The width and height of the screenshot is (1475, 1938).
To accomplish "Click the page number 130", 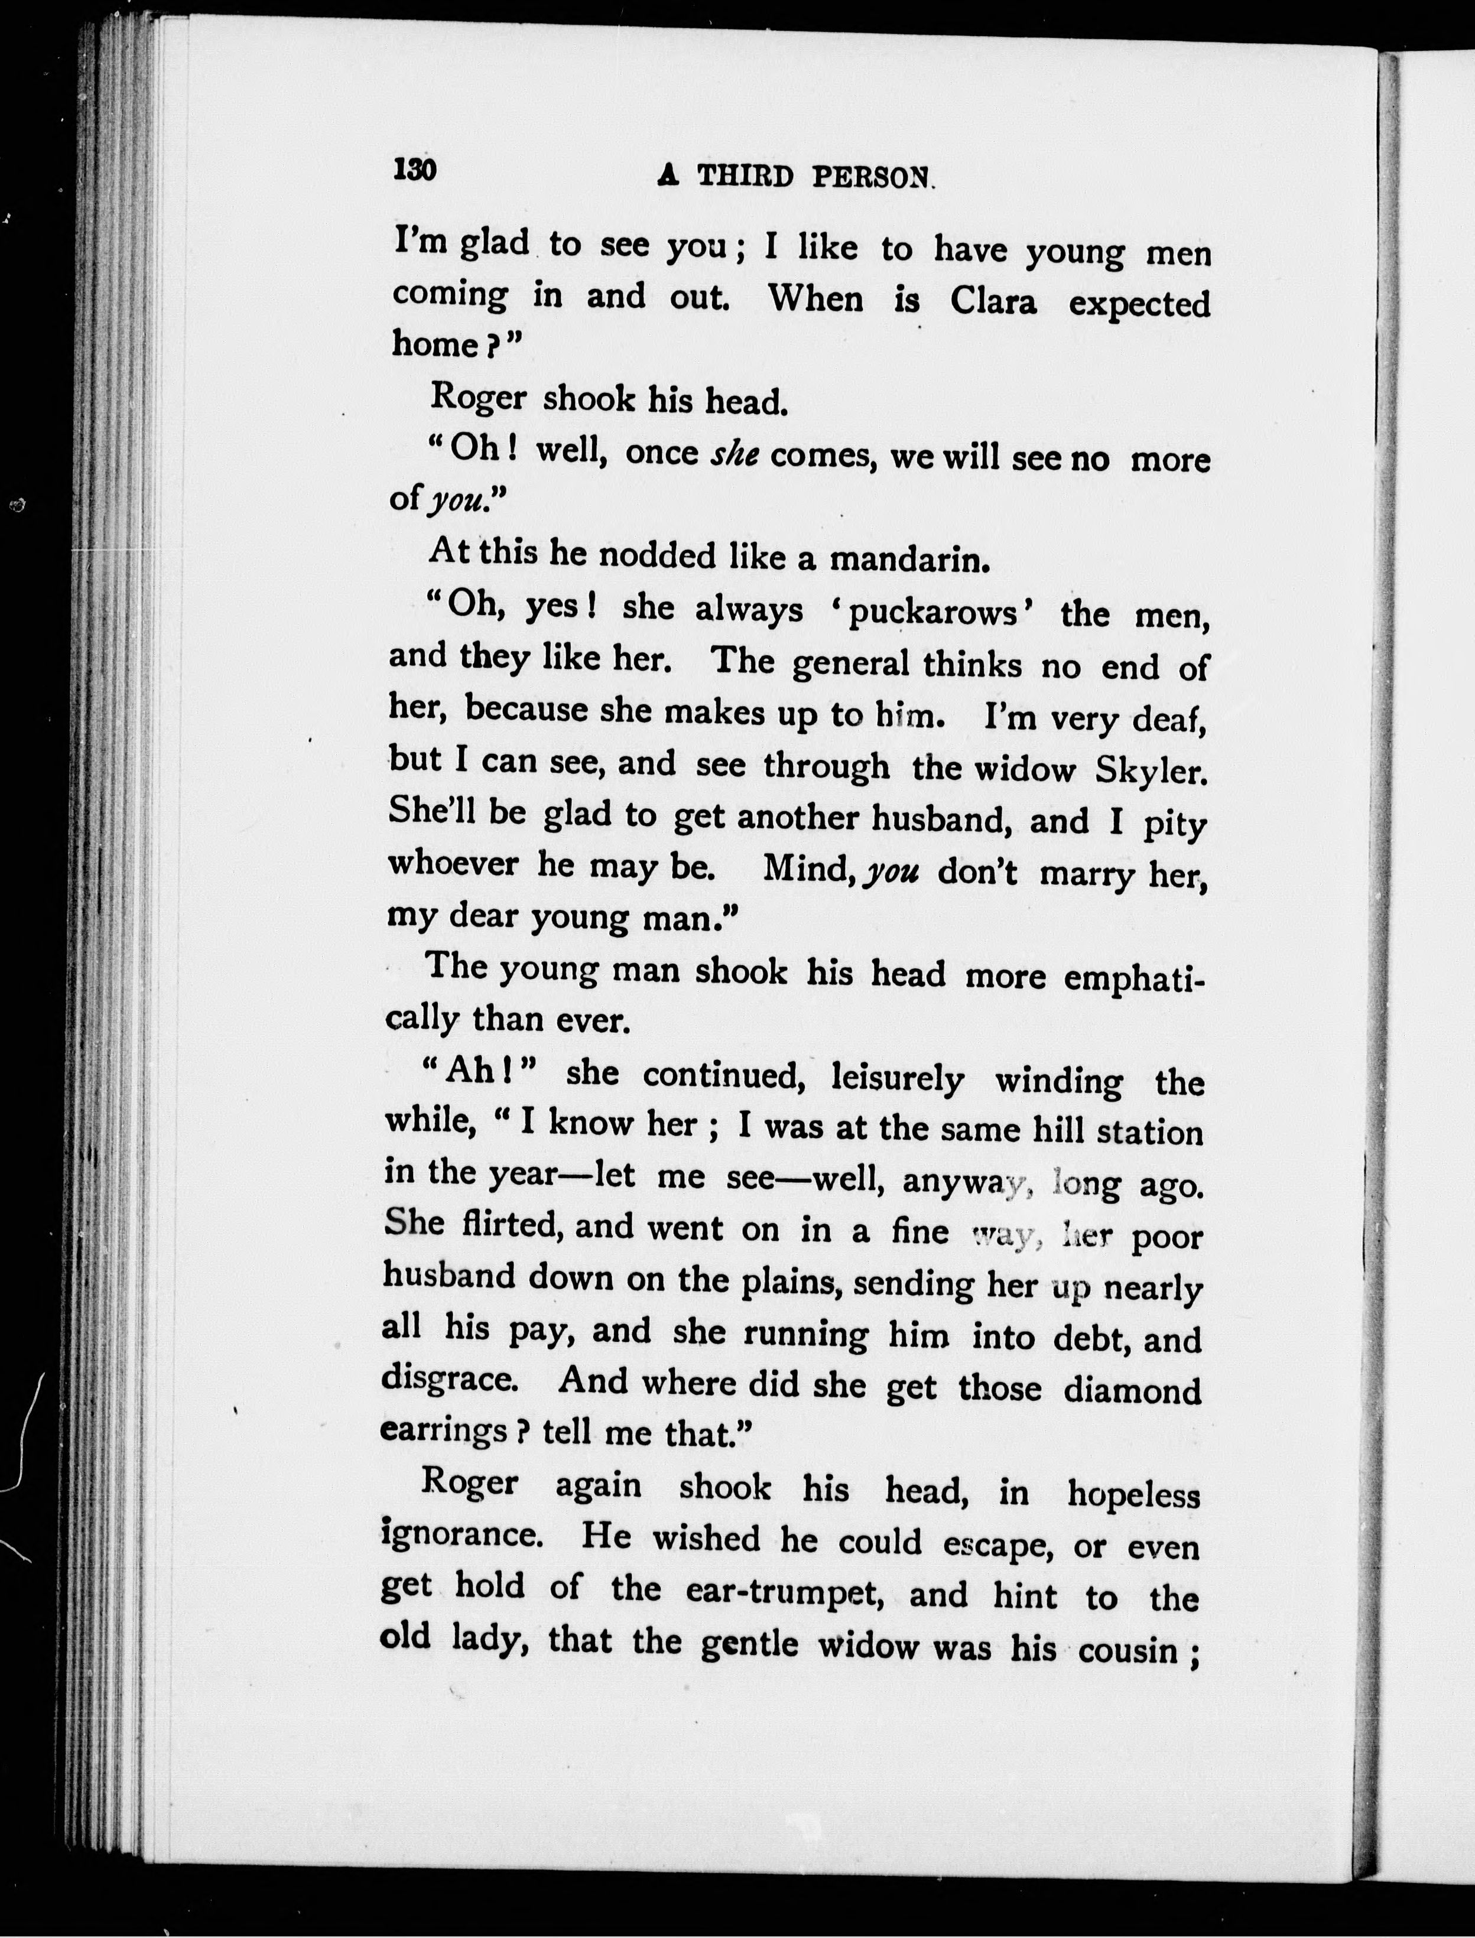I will point(415,170).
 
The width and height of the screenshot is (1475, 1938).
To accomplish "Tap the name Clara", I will point(993,302).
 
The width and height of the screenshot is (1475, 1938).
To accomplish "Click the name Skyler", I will point(1152,770).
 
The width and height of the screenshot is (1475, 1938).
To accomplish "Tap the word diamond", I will point(1132,1390).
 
